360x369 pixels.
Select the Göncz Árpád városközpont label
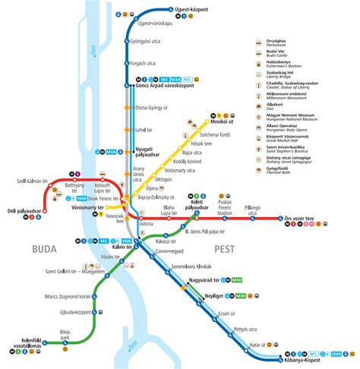pyautogui.click(x=171, y=86)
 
